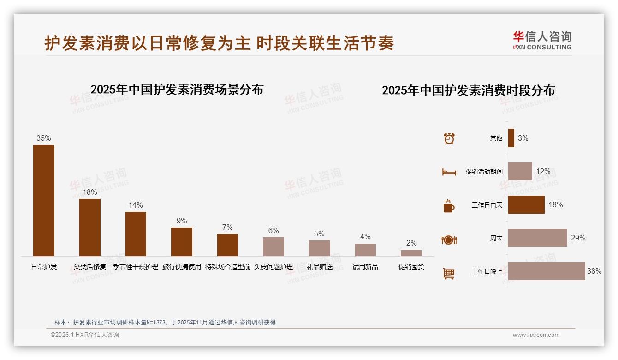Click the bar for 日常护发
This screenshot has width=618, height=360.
click(x=44, y=200)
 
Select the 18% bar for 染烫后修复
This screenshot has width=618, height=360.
click(x=89, y=227)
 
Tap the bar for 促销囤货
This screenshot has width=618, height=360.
click(x=411, y=253)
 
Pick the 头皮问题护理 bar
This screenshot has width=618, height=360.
click(x=273, y=246)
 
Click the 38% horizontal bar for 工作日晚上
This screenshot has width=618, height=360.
click(x=547, y=271)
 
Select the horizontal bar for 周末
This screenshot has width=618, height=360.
click(x=537, y=238)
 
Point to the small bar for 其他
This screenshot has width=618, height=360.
click(x=511, y=138)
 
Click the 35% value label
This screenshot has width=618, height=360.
click(x=44, y=138)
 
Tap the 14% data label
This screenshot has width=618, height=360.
click(x=136, y=205)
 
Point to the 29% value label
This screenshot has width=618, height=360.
click(x=578, y=238)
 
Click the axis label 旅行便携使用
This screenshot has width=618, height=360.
click(x=182, y=267)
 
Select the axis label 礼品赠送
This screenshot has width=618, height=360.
click(x=319, y=267)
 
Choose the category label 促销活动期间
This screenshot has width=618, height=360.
click(x=484, y=172)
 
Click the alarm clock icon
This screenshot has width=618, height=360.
click(x=449, y=138)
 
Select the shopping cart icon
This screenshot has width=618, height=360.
click(x=449, y=273)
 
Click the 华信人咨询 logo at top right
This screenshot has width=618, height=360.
click(x=542, y=40)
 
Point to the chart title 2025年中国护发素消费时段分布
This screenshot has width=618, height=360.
click(x=468, y=90)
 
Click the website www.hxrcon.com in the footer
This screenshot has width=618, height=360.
click(x=536, y=335)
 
